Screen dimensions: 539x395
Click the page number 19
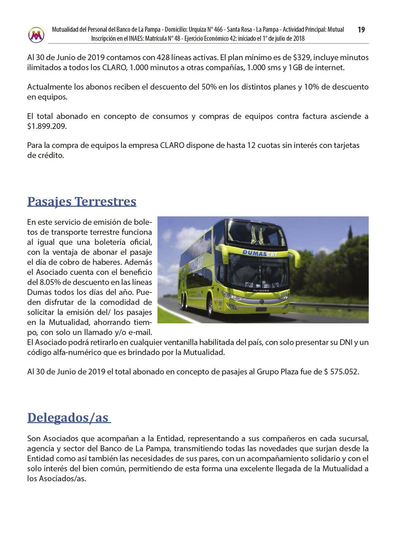tap(361, 30)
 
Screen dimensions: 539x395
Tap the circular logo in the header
tap(36, 35)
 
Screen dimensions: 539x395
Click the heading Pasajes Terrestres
tap(82, 201)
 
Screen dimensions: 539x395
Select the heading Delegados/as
tap(69, 417)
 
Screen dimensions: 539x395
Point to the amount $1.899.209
tap(47, 126)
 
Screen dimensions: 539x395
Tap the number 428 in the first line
tap(163, 57)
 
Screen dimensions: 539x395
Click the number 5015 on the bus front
tap(284, 294)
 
